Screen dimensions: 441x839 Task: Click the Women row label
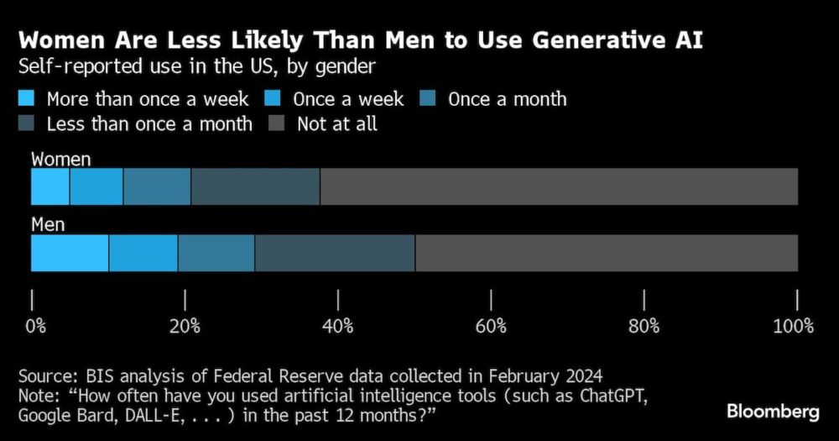click(x=61, y=159)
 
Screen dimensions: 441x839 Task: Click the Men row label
click(x=48, y=225)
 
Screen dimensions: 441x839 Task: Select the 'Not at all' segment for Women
click(x=558, y=186)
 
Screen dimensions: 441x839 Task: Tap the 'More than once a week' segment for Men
click(x=70, y=254)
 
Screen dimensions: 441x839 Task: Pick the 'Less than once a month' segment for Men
click(x=334, y=254)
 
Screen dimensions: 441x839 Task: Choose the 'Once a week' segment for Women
click(x=96, y=186)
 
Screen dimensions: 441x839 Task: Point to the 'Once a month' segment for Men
click(x=216, y=254)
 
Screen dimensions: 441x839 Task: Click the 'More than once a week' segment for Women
click(x=50, y=186)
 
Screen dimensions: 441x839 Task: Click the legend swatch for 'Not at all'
click(x=278, y=124)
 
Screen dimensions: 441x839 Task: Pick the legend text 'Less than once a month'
click(x=149, y=124)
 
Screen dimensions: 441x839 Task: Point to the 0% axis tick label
click(x=35, y=326)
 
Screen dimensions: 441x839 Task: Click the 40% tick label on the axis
click(x=338, y=326)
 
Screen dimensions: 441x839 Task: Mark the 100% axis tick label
click(x=793, y=326)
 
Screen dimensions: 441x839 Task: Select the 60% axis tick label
click(x=491, y=326)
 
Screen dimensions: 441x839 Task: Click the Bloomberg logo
click(x=772, y=412)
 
